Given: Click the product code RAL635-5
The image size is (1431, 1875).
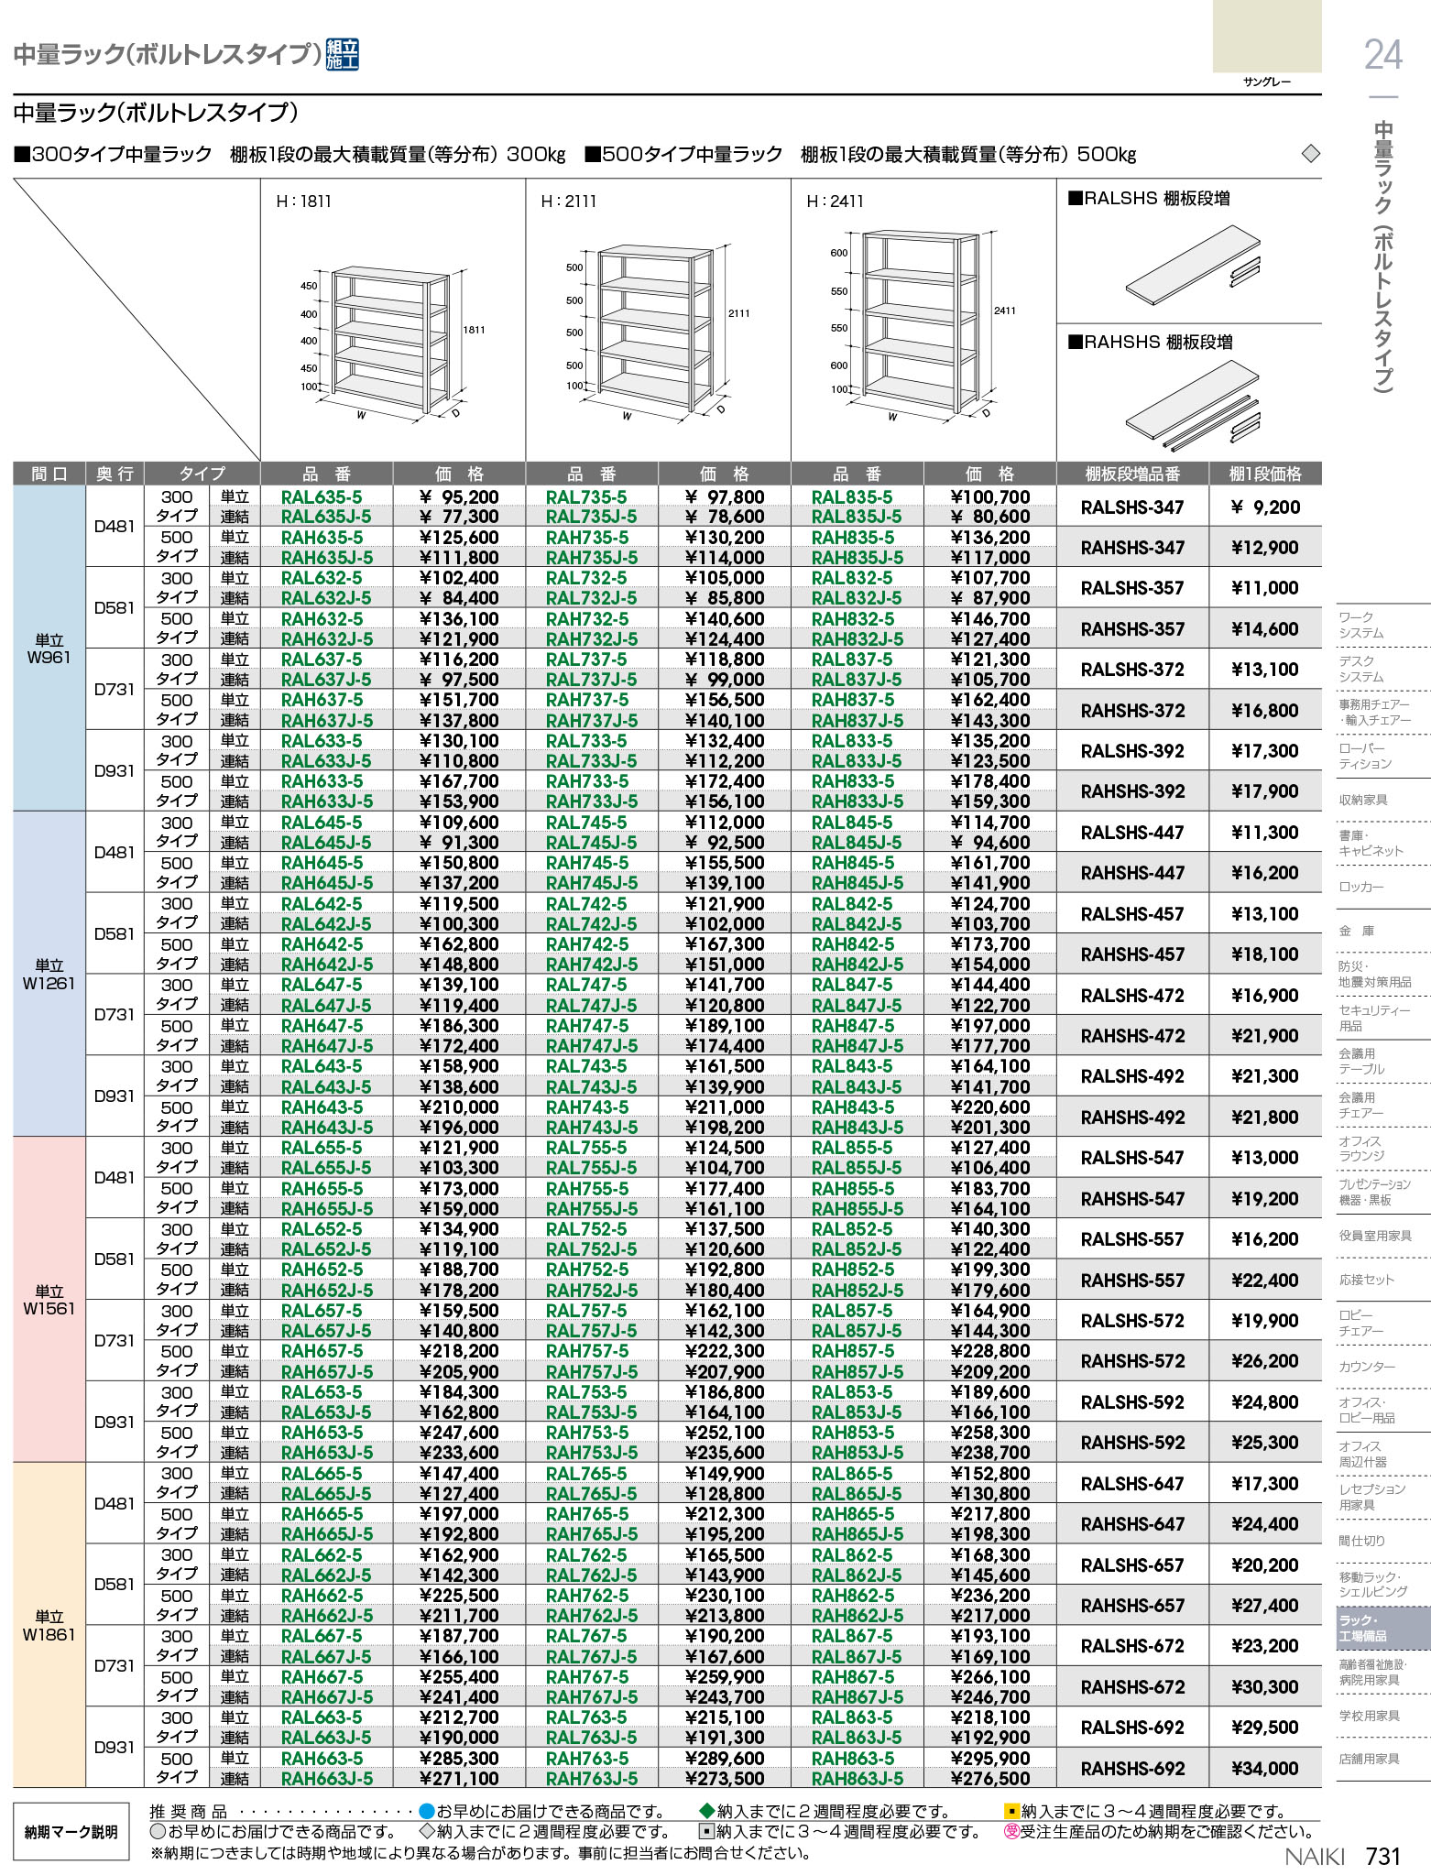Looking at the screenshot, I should click(321, 497).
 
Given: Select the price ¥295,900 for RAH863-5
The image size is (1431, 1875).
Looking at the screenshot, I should click(989, 1758).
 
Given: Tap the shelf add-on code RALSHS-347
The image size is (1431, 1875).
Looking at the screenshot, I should click(1131, 507).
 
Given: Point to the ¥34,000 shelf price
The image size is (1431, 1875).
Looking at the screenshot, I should click(1264, 1769).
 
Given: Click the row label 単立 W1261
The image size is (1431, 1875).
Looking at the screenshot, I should click(49, 974).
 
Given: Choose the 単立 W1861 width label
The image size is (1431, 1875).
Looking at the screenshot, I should click(49, 1626).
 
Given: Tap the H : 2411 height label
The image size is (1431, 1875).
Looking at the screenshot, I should click(835, 202).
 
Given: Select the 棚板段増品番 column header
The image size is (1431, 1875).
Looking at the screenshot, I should click(1132, 474).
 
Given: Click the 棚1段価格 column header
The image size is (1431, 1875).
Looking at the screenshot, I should click(1264, 474).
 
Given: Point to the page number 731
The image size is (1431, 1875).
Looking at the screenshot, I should click(1382, 1856).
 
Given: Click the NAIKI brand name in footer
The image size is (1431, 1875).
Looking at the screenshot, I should click(1314, 1857).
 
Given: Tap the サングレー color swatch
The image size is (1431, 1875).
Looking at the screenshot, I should click(1266, 37).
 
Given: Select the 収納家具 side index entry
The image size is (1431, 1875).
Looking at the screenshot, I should click(1362, 800).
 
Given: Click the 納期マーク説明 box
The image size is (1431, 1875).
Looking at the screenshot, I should click(71, 1832).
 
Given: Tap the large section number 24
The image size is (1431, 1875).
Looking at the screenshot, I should click(1382, 55).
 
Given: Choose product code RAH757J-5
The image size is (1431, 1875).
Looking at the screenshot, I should click(592, 1371).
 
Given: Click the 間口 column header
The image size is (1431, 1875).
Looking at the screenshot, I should click(49, 474).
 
